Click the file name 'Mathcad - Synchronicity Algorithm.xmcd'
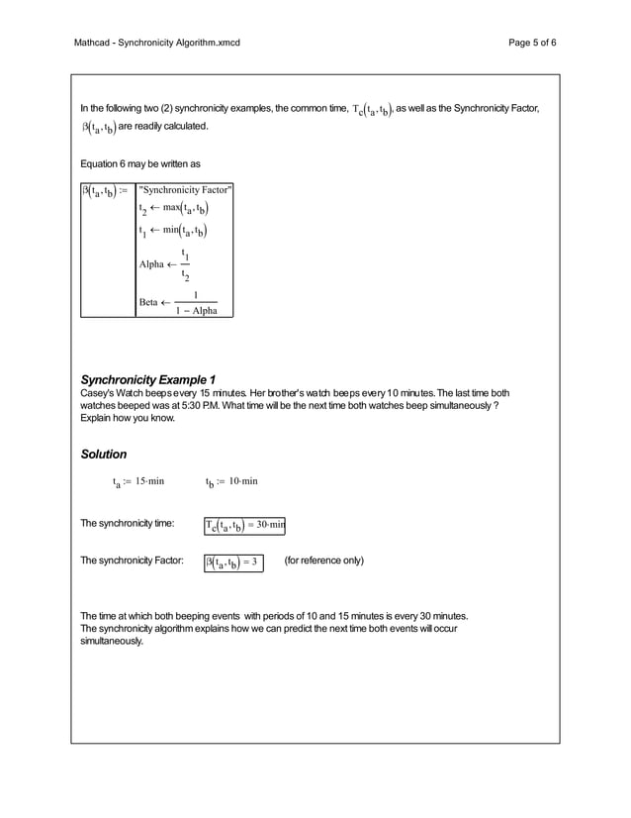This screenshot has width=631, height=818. [x=157, y=43]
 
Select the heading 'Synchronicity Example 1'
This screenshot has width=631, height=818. [x=147, y=379]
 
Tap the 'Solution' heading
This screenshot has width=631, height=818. [x=103, y=454]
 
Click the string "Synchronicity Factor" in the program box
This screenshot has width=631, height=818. [x=186, y=189]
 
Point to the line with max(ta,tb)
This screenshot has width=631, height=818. [x=173, y=209]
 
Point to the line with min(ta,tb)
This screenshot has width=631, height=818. [x=173, y=232]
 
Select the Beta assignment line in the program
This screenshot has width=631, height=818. [x=178, y=303]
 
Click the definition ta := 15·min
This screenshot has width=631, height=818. [x=137, y=482]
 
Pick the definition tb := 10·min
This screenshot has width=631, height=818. [x=231, y=482]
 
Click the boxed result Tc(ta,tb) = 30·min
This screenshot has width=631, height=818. [x=244, y=524]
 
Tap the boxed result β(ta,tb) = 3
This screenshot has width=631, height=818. [x=232, y=562]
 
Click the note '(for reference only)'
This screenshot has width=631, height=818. [x=323, y=561]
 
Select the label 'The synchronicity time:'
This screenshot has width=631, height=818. [x=128, y=523]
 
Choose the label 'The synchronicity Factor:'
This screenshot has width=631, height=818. [x=132, y=561]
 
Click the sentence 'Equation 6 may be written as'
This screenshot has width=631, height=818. [x=139, y=162]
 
